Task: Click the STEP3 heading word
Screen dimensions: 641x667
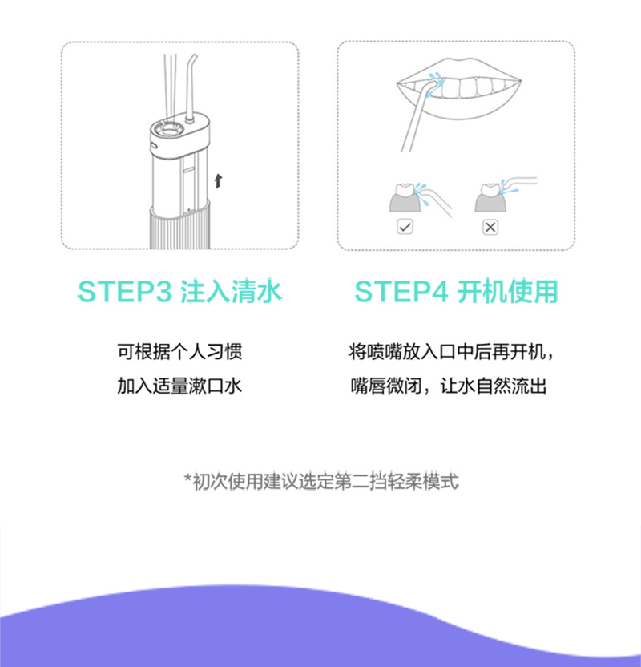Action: click(x=124, y=292)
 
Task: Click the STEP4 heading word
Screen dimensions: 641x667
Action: click(x=401, y=292)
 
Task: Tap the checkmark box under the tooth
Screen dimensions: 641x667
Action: click(x=405, y=227)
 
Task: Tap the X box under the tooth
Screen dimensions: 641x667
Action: click(x=490, y=227)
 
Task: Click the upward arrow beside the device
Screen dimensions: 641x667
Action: click(x=218, y=181)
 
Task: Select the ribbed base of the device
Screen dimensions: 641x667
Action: click(x=180, y=228)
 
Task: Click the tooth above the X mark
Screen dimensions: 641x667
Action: click(x=490, y=190)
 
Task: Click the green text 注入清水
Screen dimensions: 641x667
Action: click(x=232, y=292)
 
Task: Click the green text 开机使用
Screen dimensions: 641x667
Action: click(x=507, y=292)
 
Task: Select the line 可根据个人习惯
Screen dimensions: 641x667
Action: click(x=179, y=352)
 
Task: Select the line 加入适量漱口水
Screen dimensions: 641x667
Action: click(x=179, y=386)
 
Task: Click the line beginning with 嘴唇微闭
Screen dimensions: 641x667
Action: click(x=449, y=386)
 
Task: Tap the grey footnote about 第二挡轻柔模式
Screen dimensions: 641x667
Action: click(x=321, y=482)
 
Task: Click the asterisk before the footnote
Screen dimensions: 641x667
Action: click(x=187, y=479)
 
